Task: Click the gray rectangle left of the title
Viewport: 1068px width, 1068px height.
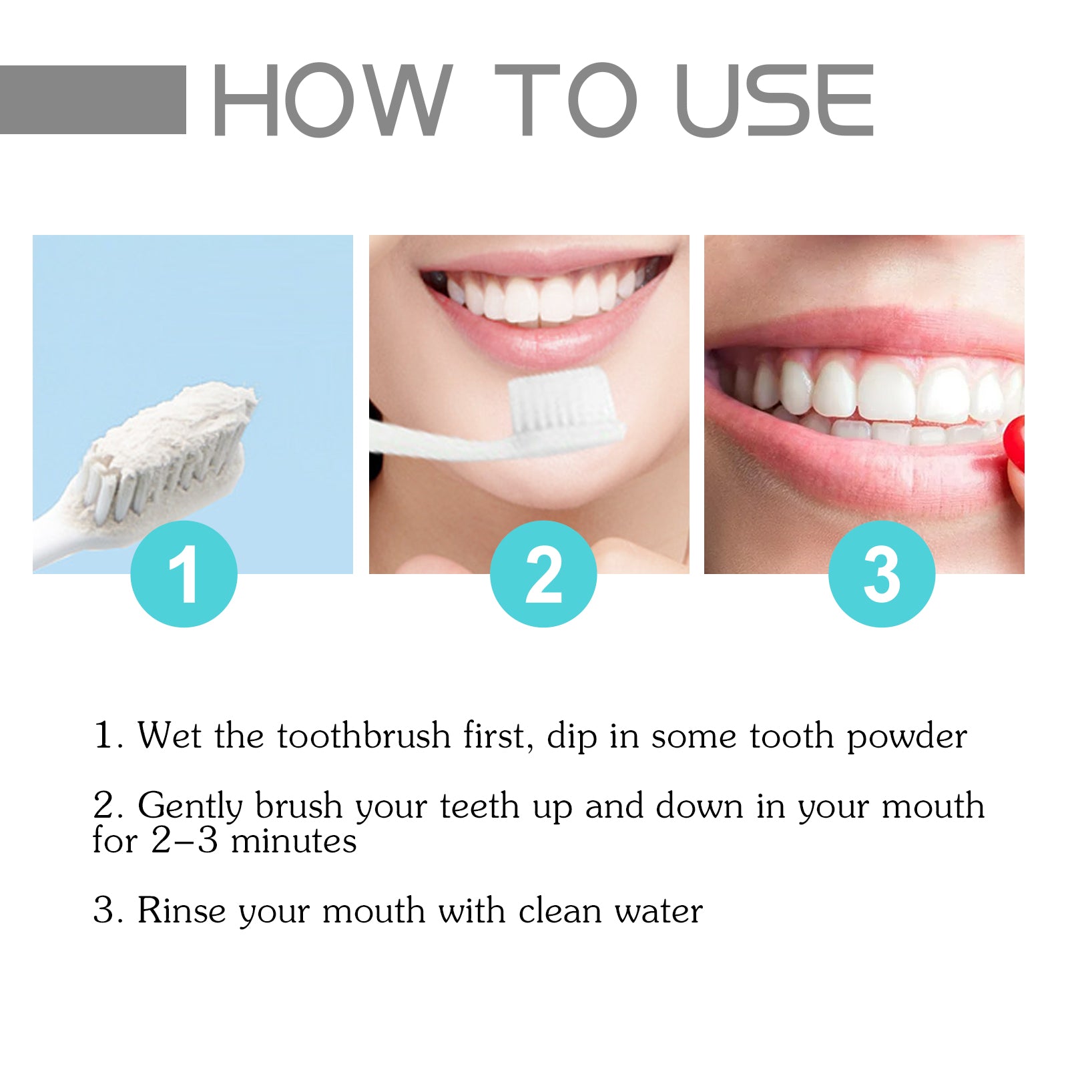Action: tap(92, 99)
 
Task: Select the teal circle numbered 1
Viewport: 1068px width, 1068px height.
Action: tap(184, 574)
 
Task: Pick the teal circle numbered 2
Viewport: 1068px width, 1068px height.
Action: tap(543, 574)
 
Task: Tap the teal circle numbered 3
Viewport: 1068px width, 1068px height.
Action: tap(881, 574)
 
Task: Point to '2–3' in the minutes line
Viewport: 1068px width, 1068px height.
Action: tap(185, 840)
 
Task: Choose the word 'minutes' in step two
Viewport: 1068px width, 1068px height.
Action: tap(294, 840)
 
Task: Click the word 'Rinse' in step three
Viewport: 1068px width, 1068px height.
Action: tap(182, 910)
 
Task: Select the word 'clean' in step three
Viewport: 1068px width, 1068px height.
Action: tap(559, 910)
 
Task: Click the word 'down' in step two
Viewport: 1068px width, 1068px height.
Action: tap(699, 806)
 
